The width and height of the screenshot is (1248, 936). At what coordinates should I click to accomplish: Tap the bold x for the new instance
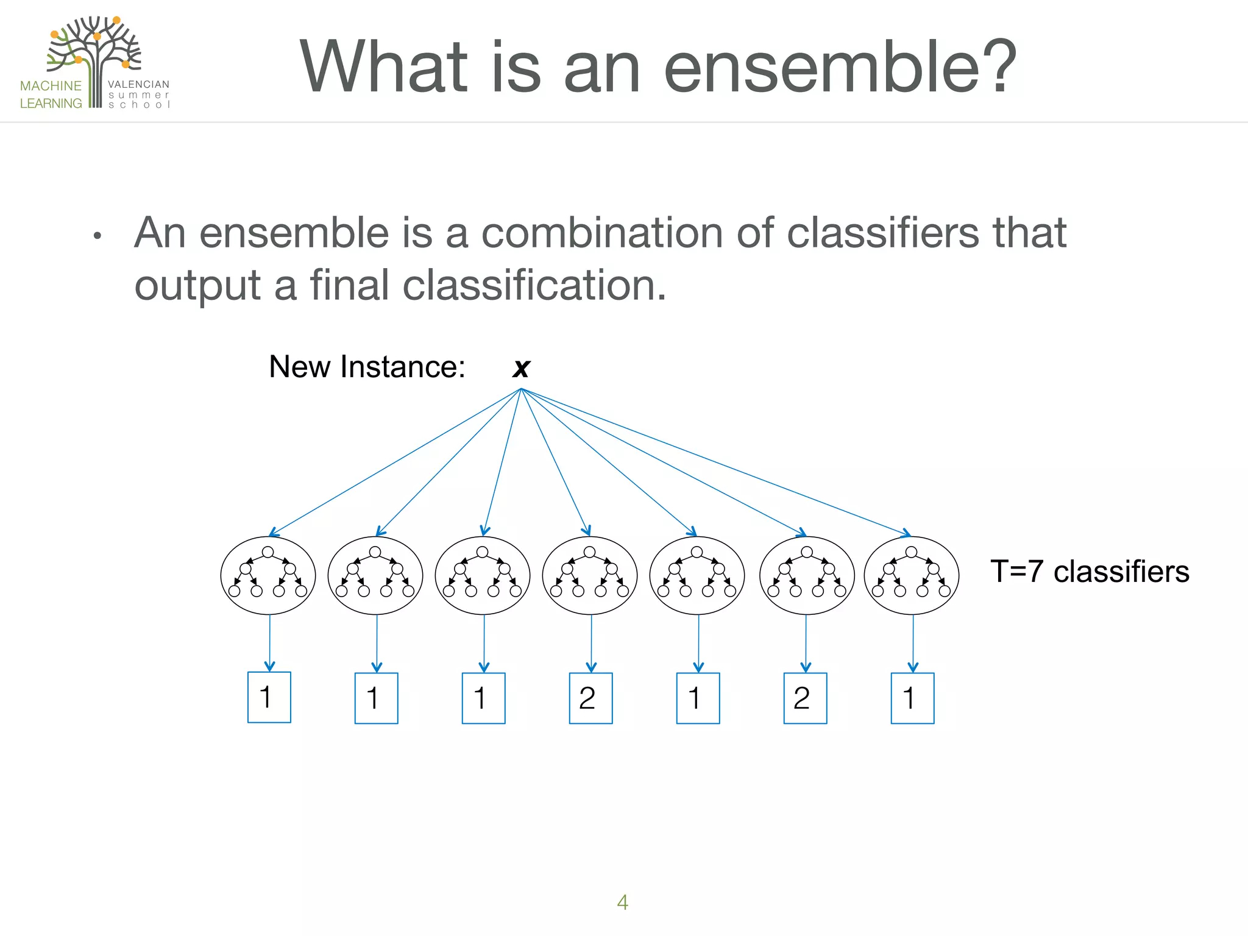click(521, 367)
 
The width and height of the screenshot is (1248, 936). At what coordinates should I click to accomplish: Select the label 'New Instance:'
click(367, 367)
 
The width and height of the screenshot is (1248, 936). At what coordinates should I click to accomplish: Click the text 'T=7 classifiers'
click(1090, 572)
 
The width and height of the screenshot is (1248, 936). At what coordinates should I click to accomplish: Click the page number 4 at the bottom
click(622, 902)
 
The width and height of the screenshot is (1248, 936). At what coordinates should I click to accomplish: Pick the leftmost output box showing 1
click(269, 698)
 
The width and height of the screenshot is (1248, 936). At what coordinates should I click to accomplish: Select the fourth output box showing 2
click(590, 698)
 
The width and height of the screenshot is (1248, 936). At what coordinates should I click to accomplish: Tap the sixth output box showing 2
click(805, 698)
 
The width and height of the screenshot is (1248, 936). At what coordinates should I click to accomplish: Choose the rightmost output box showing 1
click(912, 698)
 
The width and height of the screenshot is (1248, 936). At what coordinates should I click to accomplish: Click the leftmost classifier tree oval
click(268, 575)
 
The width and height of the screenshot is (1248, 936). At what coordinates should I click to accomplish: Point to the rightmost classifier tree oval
click(912, 575)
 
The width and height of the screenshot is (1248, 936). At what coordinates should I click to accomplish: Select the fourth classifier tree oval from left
click(590, 575)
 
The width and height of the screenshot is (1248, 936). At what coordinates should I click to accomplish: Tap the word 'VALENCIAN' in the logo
click(138, 84)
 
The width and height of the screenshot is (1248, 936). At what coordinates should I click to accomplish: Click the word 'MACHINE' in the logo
click(51, 86)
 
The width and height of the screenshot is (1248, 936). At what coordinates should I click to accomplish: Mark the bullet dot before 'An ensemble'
click(97, 236)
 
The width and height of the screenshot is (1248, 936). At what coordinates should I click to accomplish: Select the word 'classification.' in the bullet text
click(534, 285)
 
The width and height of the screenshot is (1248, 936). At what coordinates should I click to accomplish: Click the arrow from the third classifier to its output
click(484, 643)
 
